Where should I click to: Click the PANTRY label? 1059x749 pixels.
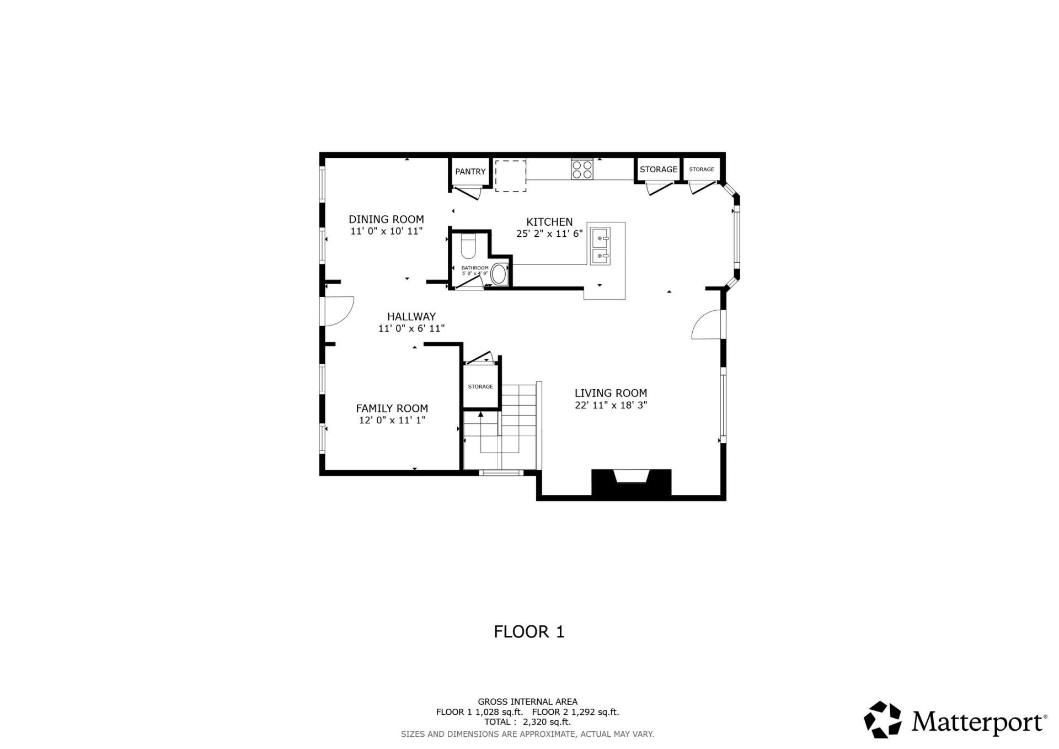[470, 172]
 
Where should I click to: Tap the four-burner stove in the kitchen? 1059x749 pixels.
[582, 168]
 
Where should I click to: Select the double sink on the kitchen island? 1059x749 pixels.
[600, 246]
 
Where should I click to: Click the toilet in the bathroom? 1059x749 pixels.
[468, 246]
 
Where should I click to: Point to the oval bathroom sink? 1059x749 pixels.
[499, 274]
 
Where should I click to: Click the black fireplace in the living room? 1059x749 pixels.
[631, 483]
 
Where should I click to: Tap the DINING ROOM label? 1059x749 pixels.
[386, 219]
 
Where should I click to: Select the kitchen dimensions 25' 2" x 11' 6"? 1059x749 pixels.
[549, 233]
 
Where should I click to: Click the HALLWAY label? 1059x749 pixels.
[411, 316]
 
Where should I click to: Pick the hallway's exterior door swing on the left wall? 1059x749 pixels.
[339, 311]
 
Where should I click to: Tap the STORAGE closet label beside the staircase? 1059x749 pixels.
[480, 386]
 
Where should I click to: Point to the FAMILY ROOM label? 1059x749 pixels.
[392, 408]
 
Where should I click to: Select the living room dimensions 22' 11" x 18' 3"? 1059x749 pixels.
[611, 405]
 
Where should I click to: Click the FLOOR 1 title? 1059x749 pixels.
[529, 631]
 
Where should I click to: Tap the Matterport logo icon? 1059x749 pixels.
[882, 720]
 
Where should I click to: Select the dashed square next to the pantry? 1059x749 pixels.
[510, 176]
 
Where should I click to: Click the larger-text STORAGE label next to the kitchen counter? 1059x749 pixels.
[658, 169]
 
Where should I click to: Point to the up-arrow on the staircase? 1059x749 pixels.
[480, 414]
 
